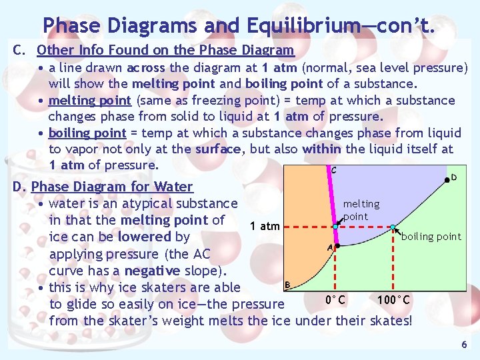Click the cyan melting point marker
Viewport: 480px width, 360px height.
335,227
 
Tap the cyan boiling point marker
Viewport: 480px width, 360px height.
393,227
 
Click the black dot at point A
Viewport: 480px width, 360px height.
338,245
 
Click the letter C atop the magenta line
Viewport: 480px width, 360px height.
333,170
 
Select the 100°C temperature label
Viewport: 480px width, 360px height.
393,299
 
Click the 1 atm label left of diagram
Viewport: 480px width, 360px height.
265,226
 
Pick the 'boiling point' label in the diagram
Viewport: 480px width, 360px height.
431,236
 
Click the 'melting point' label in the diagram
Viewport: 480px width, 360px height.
361,210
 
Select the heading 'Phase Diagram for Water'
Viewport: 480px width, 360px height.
112,187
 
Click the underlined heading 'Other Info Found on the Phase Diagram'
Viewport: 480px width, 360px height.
165,50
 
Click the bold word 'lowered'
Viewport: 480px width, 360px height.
145,237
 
